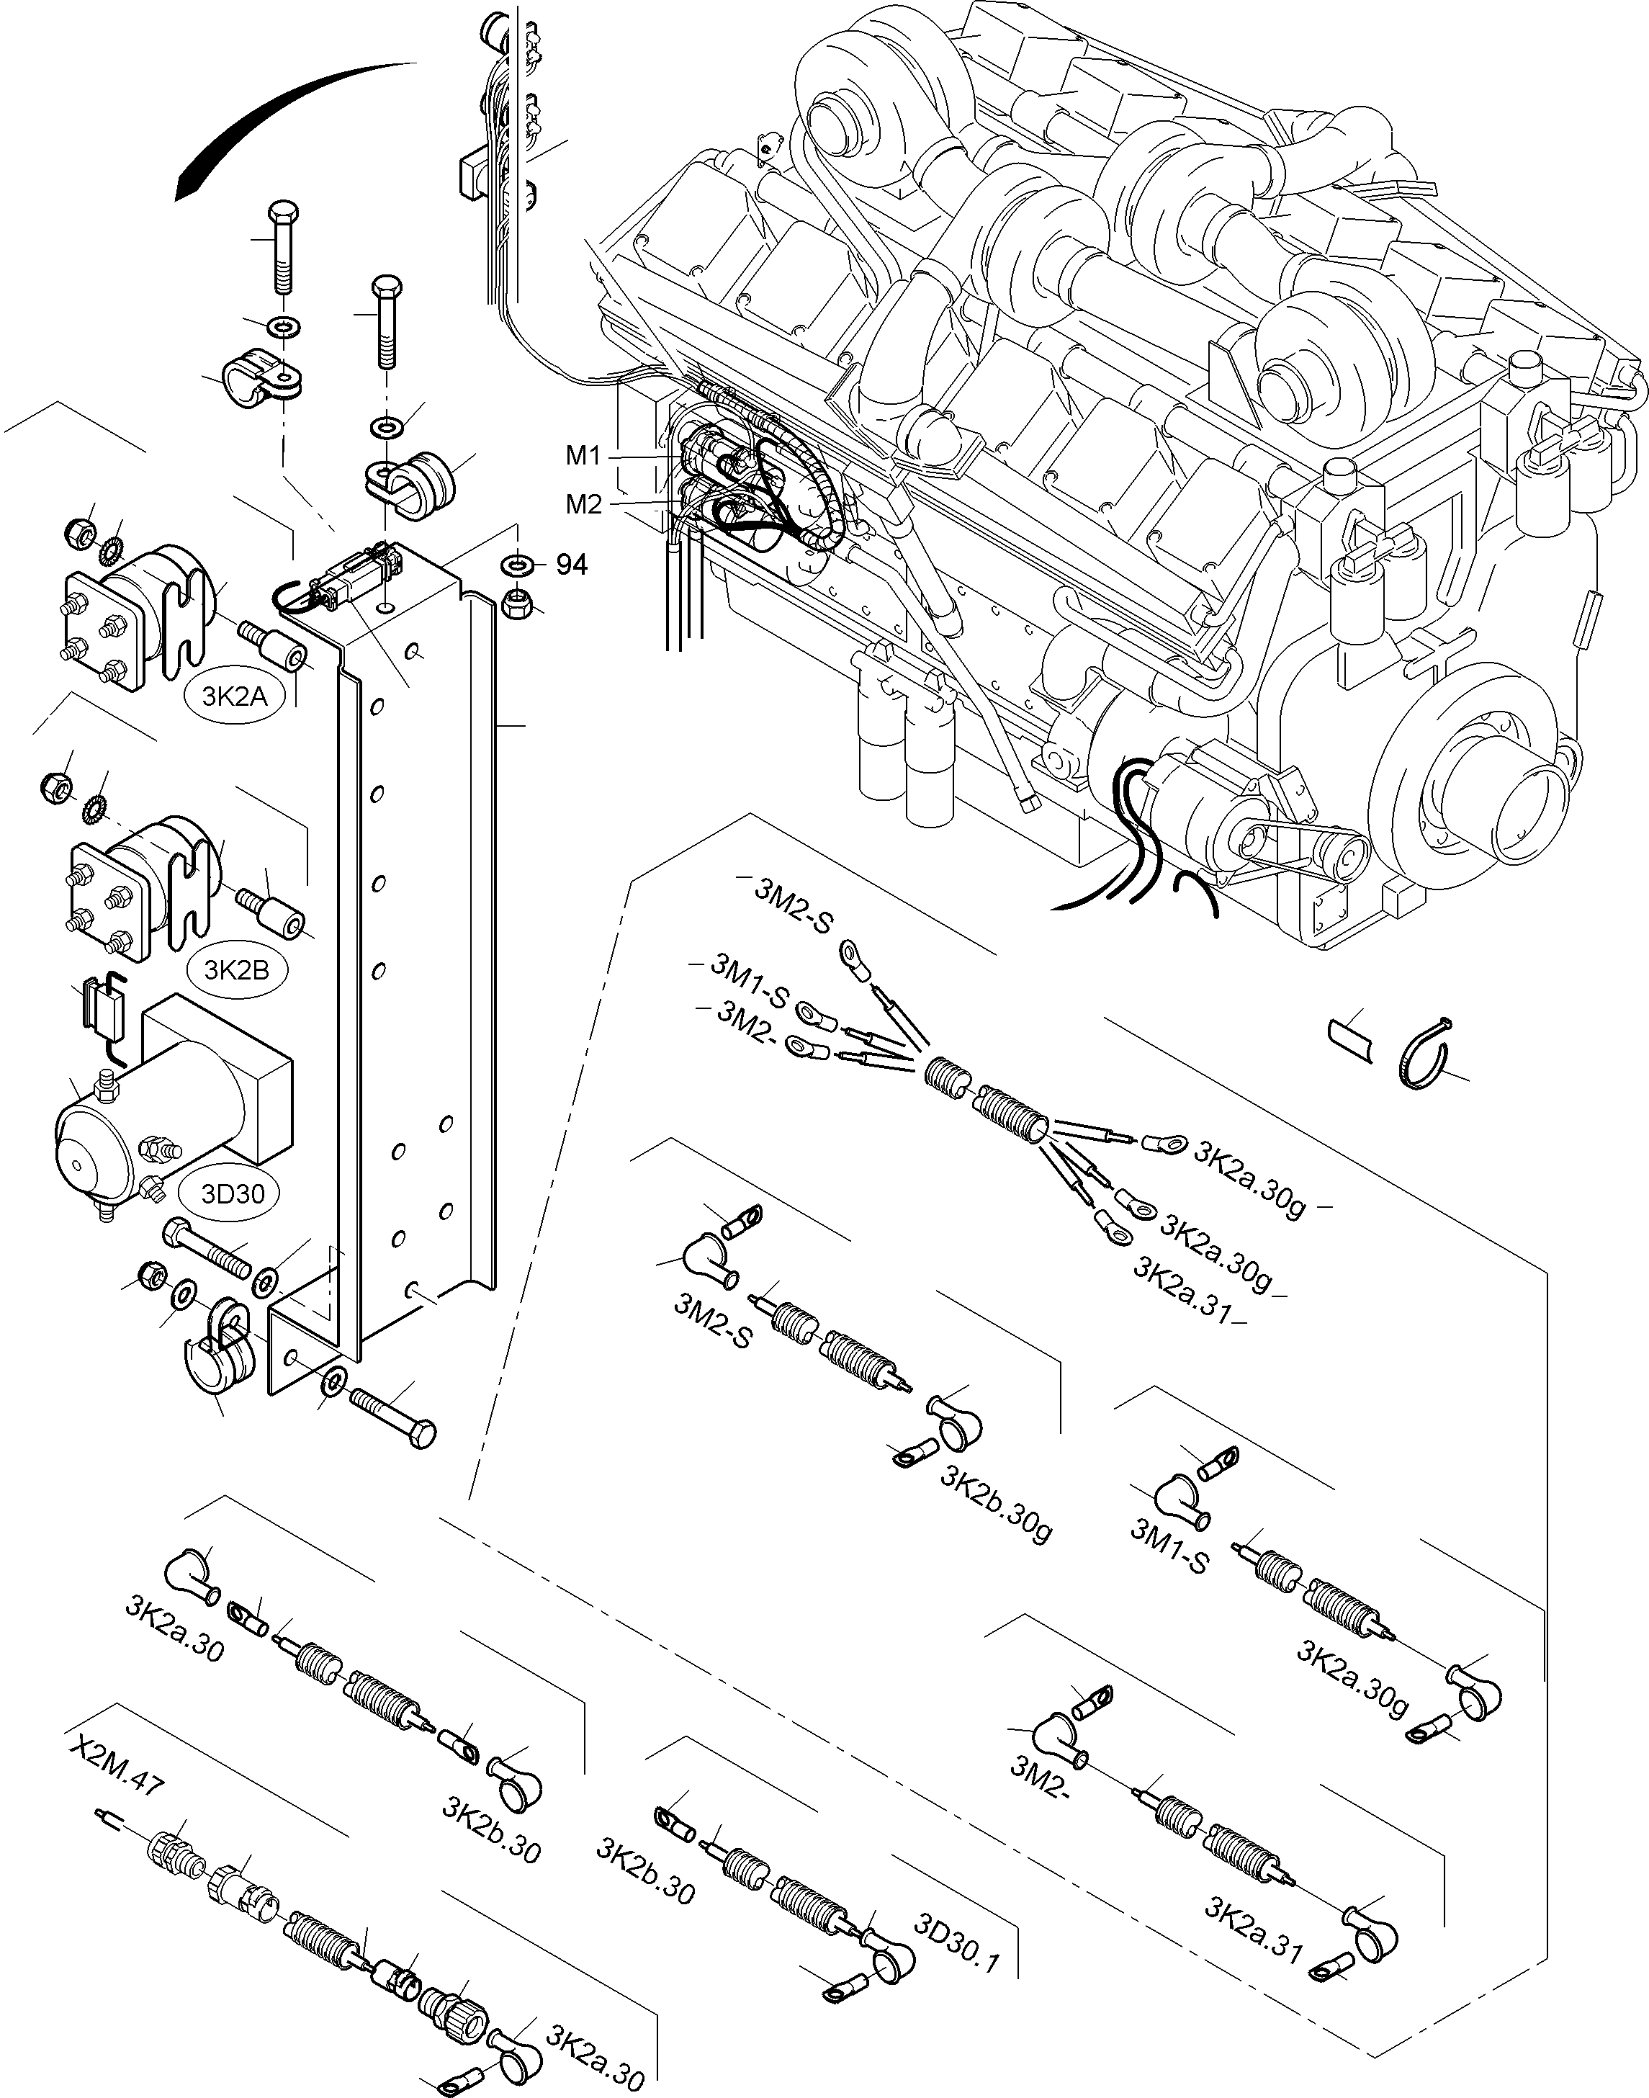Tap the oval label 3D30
point(233,1193)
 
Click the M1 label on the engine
point(583,456)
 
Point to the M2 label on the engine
point(583,504)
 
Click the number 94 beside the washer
point(572,565)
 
